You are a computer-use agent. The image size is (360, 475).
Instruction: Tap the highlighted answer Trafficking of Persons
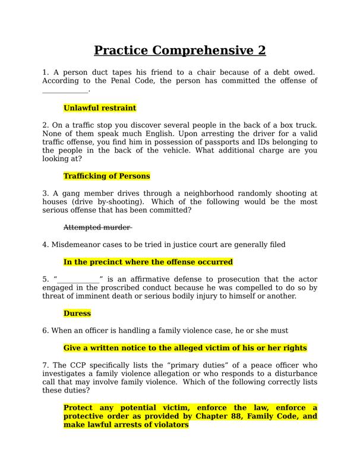pyautogui.click(x=106, y=176)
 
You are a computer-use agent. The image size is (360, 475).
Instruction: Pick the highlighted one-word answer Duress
pyautogui.click(x=77, y=313)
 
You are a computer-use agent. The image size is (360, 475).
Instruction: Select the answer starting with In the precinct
pyautogui.click(x=148, y=262)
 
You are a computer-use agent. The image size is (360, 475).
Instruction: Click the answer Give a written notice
pyautogui.click(x=185, y=348)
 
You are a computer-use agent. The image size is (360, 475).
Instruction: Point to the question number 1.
pyautogui.click(x=45, y=72)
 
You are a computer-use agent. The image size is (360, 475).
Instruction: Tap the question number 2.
pyautogui.click(x=45, y=125)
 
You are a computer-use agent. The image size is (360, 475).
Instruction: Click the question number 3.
pyautogui.click(x=45, y=194)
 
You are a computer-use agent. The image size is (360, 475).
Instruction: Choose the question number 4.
pyautogui.click(x=45, y=245)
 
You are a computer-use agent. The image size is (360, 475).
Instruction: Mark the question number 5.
pyautogui.click(x=45, y=279)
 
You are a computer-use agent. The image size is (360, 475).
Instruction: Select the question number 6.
pyautogui.click(x=45, y=331)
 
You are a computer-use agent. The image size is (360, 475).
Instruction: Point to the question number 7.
pyautogui.click(x=45, y=365)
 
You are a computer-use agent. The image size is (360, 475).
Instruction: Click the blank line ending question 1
pyautogui.click(x=65, y=90)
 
